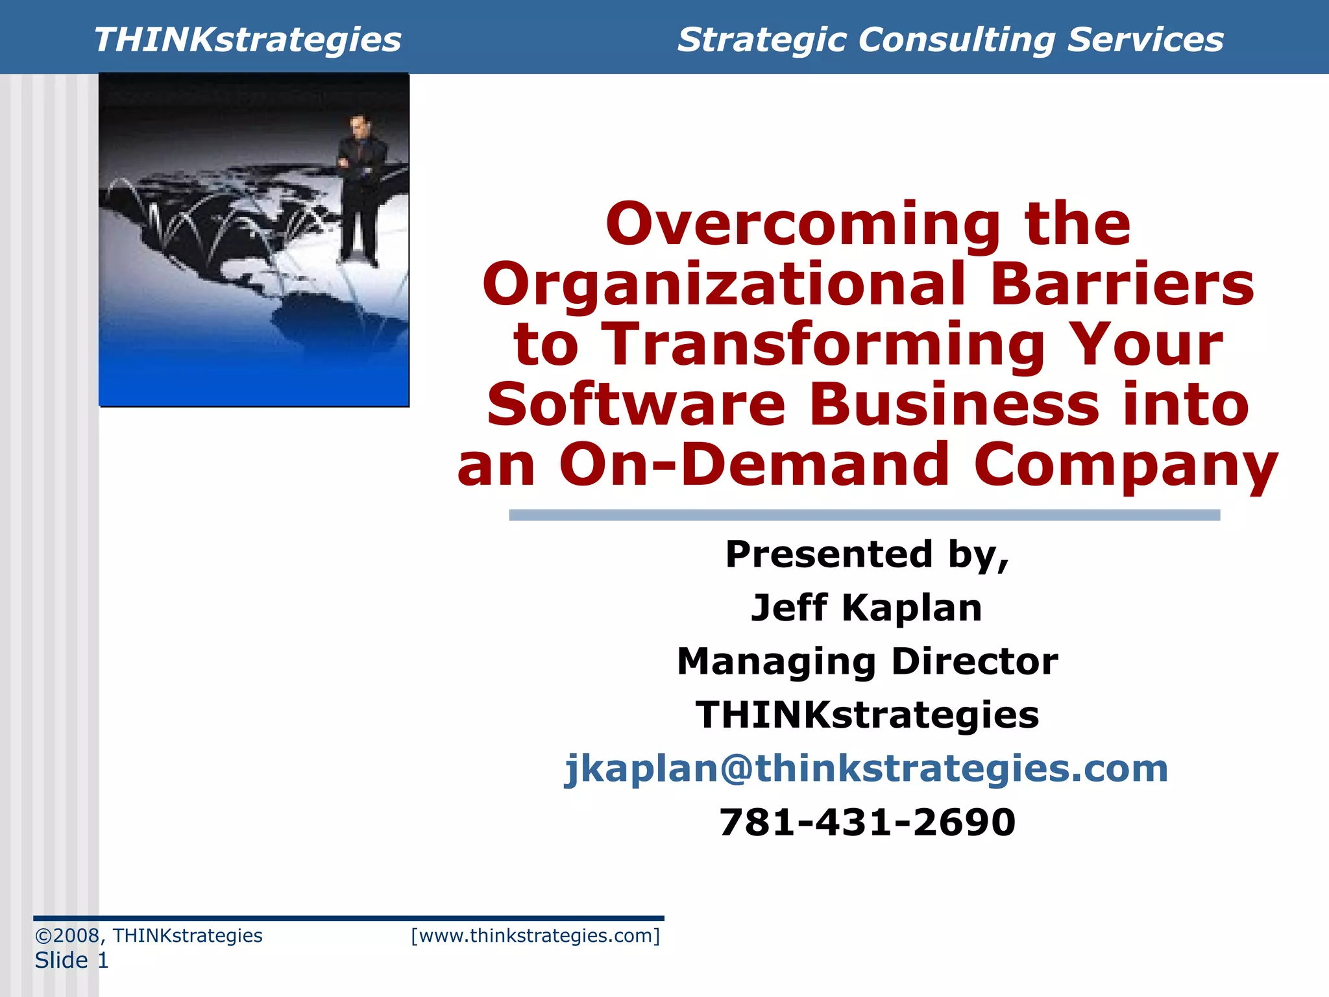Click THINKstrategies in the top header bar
[x=247, y=40]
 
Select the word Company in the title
[x=1126, y=465]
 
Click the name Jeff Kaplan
[x=866, y=608]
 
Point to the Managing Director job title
[x=867, y=661]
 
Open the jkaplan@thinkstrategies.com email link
[x=866, y=769]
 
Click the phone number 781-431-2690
[x=867, y=822]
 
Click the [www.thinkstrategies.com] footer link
[x=535, y=935]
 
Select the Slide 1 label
[x=71, y=960]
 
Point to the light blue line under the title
[x=864, y=515]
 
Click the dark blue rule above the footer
[x=348, y=918]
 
